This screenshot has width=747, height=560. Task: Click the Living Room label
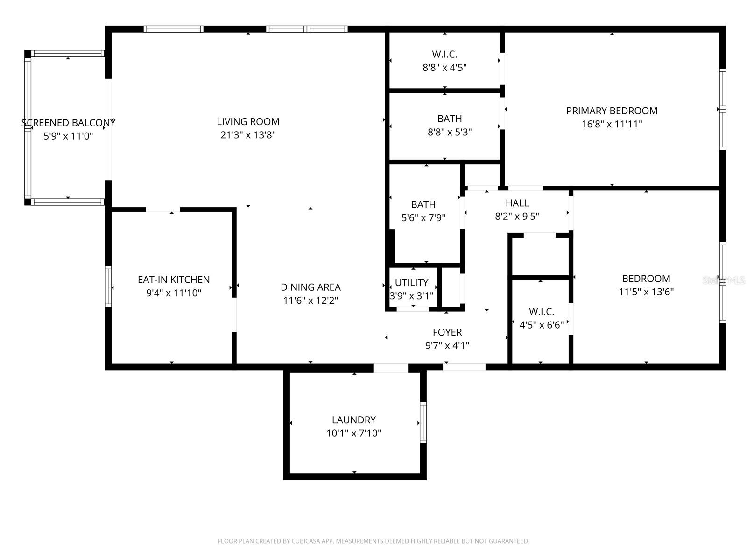(248, 122)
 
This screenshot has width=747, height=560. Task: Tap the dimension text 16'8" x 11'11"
(612, 124)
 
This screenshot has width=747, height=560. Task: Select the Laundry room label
(353, 420)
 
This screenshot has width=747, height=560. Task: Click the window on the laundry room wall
(423, 422)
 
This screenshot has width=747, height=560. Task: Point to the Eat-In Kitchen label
(174, 280)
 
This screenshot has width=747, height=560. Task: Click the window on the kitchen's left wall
(108, 286)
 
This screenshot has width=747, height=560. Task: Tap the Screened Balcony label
(68, 123)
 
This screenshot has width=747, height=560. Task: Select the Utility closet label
(411, 282)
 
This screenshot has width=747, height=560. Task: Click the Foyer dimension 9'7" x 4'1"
(447, 345)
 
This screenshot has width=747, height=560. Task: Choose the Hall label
(517, 203)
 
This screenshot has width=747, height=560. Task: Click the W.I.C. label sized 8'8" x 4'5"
(444, 54)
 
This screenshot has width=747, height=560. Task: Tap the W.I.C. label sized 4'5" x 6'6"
(542, 311)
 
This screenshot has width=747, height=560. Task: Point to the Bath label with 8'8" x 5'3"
(450, 119)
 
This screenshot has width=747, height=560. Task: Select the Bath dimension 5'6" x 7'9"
(423, 217)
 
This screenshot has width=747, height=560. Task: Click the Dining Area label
(310, 287)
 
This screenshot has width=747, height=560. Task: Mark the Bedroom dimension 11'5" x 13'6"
(646, 292)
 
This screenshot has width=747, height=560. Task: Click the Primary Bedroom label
(612, 111)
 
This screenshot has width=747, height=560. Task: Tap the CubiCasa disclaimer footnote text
(373, 541)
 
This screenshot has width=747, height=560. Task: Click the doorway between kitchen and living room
(163, 210)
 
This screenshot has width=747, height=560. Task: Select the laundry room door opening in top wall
(391, 368)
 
